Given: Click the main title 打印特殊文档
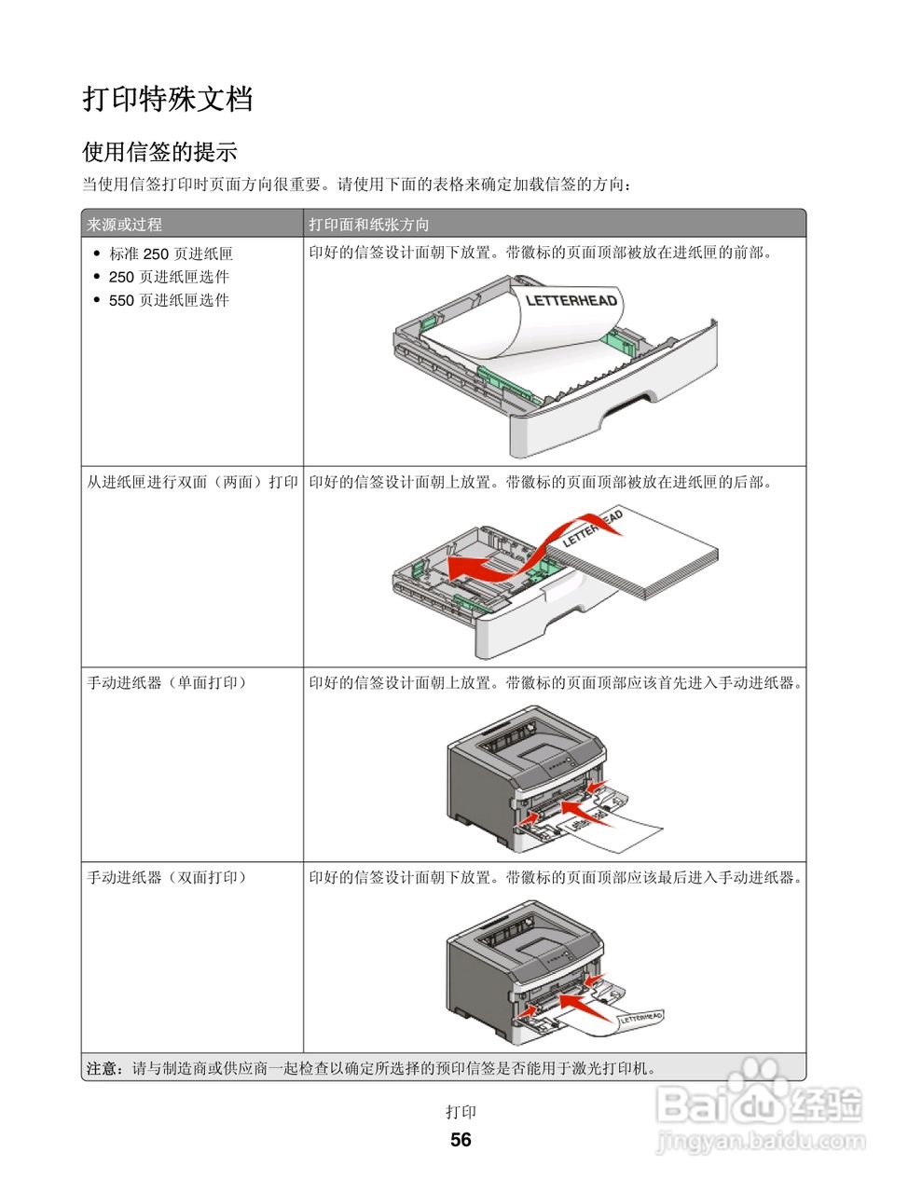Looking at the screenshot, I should point(168,98).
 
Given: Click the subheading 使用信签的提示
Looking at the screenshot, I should point(159,151).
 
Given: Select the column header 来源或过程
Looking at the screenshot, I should point(124,225).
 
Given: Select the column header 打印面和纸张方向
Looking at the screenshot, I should point(369,225).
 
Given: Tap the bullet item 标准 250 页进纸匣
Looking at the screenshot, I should point(171,254).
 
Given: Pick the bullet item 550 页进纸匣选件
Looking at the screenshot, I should point(169,300).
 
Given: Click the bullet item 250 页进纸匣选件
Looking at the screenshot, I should point(169,277).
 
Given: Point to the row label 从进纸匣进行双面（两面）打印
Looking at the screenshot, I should point(192,482).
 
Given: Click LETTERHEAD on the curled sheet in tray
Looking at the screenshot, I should point(571,300).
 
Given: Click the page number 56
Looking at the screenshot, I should point(461,1140).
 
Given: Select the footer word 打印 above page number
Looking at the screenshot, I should point(461,1112).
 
